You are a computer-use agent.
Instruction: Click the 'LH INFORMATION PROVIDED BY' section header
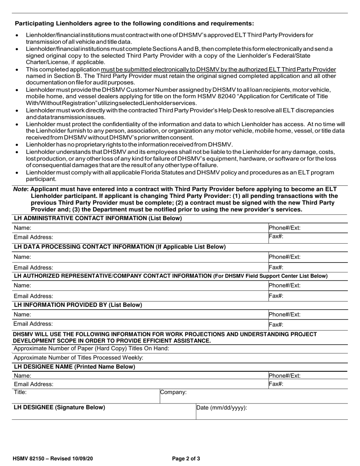78,305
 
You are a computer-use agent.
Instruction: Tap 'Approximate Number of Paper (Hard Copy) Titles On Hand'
91,349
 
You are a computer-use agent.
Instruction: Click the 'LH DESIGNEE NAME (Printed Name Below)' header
74,367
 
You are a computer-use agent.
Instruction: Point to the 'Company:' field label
174,393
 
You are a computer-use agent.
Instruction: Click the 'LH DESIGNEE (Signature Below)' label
59,408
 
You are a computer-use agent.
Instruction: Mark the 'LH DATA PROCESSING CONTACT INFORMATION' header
120,247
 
